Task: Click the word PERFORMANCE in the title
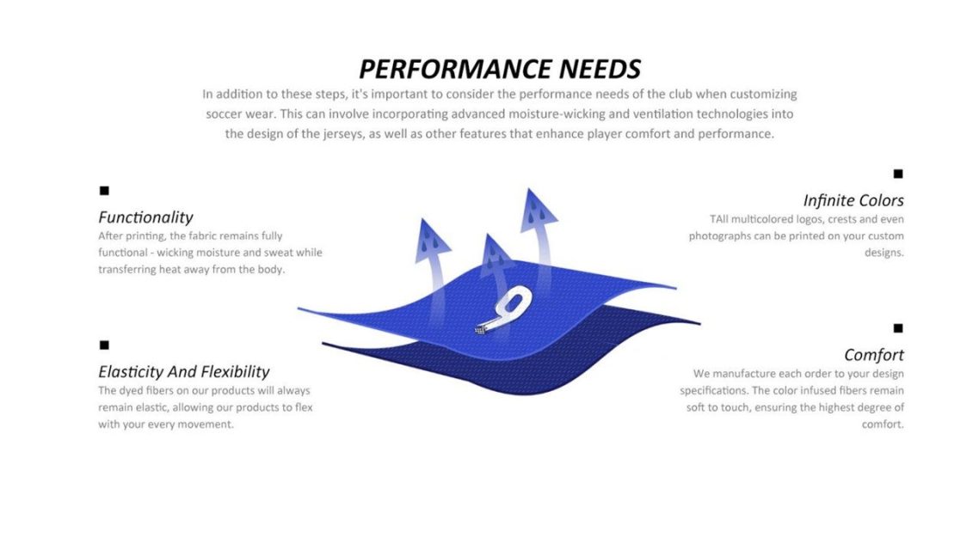click(x=454, y=70)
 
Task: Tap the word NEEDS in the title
click(x=600, y=70)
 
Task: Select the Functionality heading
click(x=145, y=217)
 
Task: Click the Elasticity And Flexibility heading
click(x=183, y=371)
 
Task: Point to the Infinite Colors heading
click(x=853, y=201)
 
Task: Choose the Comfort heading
click(x=874, y=356)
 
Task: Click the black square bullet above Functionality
click(x=104, y=190)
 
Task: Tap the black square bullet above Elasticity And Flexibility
click(x=104, y=345)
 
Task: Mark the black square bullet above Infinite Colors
click(x=898, y=174)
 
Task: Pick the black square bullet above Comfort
click(x=898, y=328)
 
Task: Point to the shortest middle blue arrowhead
click(x=496, y=254)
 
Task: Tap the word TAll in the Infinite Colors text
click(x=718, y=219)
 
